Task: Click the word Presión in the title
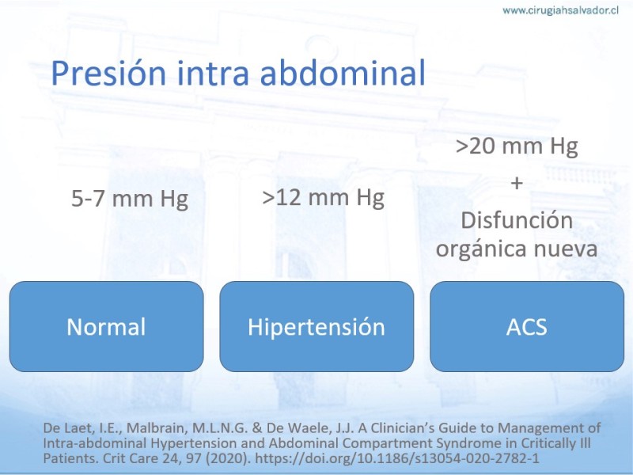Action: (x=108, y=73)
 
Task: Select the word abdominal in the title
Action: (x=343, y=73)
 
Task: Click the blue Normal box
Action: (x=107, y=326)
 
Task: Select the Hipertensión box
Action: (x=316, y=326)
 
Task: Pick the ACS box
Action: (x=527, y=326)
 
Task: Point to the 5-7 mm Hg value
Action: (x=130, y=199)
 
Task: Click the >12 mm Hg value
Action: (x=323, y=197)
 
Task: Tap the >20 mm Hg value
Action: (x=517, y=146)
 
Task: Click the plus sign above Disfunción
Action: (x=517, y=184)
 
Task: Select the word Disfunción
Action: (x=517, y=221)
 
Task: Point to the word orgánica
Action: (x=481, y=248)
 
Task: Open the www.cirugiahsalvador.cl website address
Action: (x=561, y=10)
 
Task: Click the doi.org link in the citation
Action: (x=397, y=458)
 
